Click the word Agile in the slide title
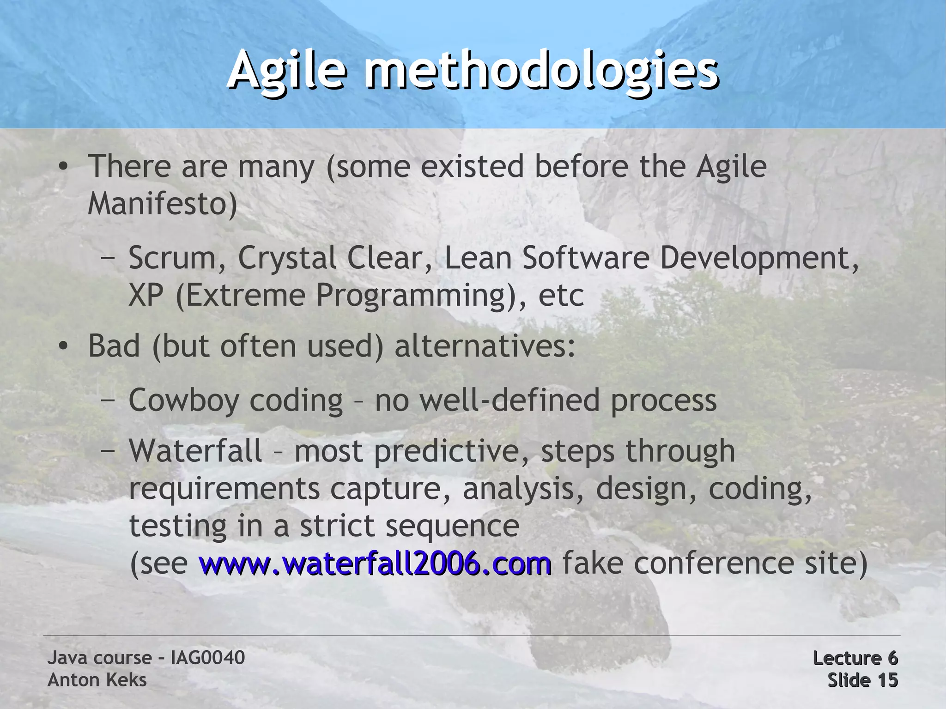click(286, 72)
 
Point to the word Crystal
click(287, 258)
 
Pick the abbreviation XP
click(146, 295)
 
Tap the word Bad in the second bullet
click(114, 346)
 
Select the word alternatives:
click(485, 346)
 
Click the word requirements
click(224, 489)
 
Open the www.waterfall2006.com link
click(375, 564)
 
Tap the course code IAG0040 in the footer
click(207, 658)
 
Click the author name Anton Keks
click(97, 680)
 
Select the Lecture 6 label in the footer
click(855, 658)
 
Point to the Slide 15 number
click(862, 680)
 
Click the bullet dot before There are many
click(63, 167)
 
